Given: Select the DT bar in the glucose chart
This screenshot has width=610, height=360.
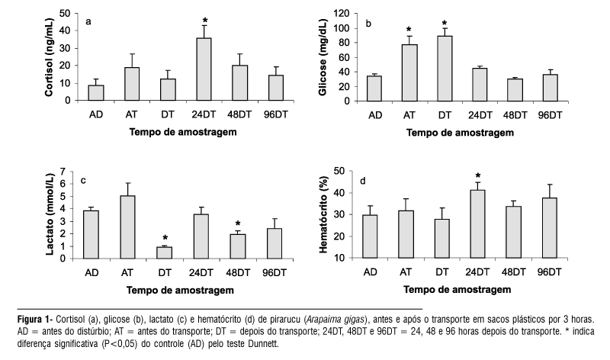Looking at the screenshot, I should (x=445, y=68).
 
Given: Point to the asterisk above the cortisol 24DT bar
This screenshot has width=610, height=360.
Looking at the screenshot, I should (x=204, y=21).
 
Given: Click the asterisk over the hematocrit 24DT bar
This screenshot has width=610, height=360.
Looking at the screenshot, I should (x=478, y=176).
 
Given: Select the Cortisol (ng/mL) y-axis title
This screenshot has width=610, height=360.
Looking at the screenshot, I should (x=50, y=57).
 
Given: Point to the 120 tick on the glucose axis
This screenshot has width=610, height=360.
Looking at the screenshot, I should (x=341, y=14).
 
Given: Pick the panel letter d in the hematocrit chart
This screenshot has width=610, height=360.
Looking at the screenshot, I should (x=363, y=182).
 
